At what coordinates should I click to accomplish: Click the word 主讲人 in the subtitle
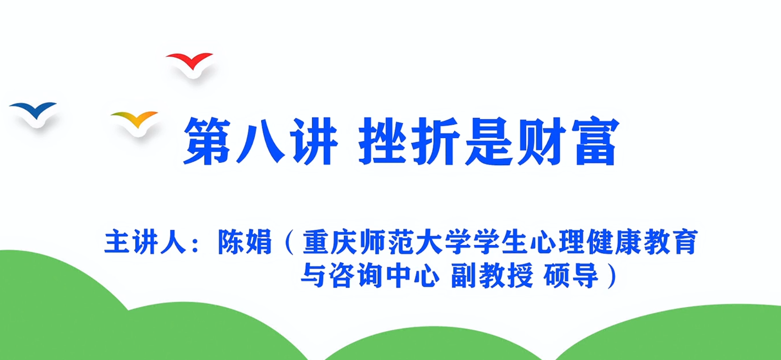[145, 242]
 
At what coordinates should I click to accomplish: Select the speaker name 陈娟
[245, 242]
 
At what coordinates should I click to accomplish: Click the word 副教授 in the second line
[492, 275]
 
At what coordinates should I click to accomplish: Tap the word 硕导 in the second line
[571, 275]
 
